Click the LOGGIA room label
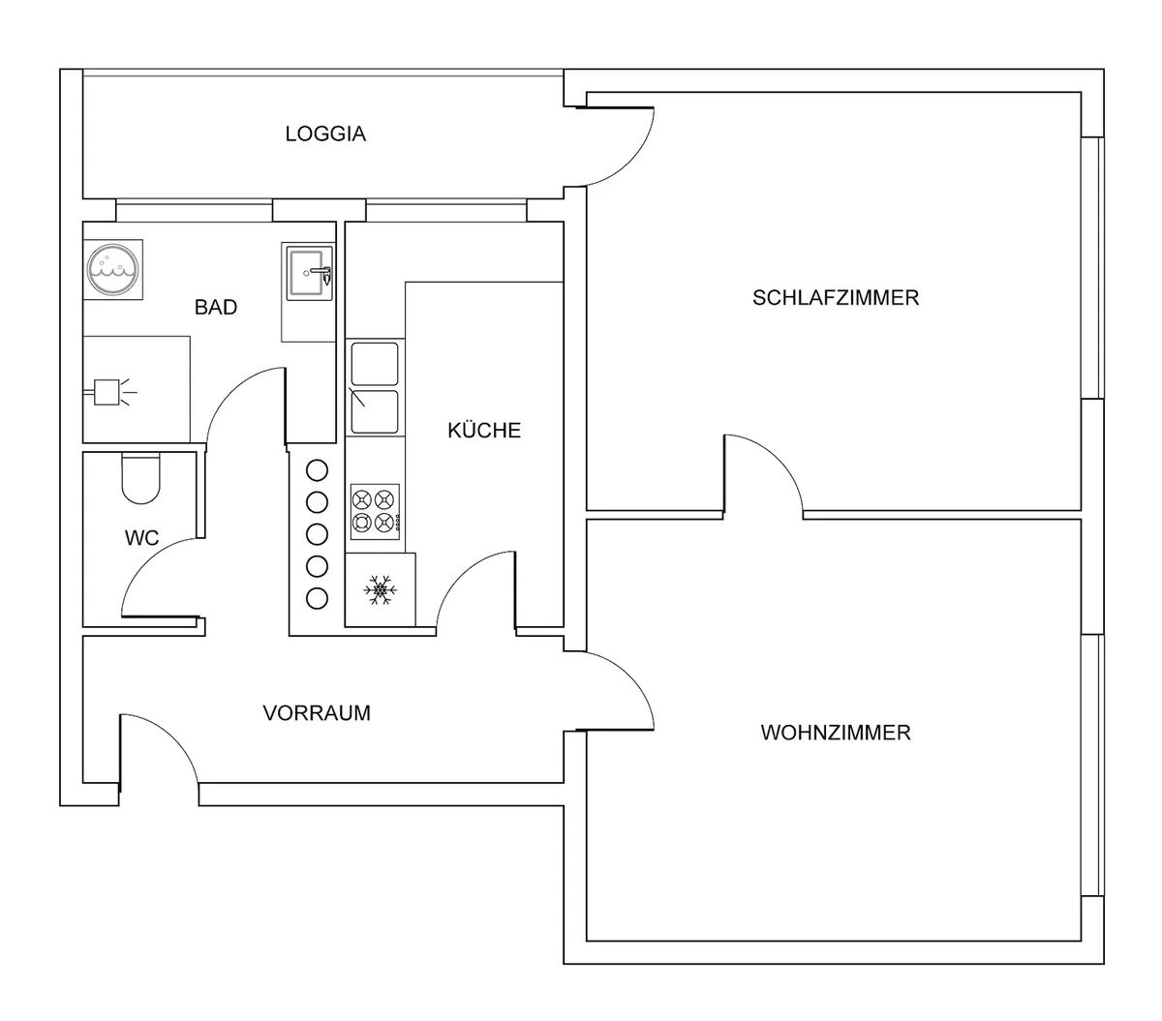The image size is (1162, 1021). point(325,134)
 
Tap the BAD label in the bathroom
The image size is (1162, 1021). point(216,308)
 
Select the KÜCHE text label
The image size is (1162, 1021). point(484,430)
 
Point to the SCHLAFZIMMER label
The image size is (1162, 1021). point(836,297)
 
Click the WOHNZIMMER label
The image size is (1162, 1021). point(836,733)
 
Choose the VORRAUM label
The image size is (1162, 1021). point(317,713)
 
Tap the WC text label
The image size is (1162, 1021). point(141,538)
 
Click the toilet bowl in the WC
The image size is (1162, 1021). point(140,479)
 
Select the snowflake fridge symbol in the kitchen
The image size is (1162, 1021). point(380,589)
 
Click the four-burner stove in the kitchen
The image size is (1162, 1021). point(375,512)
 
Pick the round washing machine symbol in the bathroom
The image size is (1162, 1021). point(113,269)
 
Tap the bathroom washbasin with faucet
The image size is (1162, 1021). point(309,274)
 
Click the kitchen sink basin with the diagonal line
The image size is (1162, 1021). point(375,411)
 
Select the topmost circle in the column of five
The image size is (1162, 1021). point(318,470)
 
